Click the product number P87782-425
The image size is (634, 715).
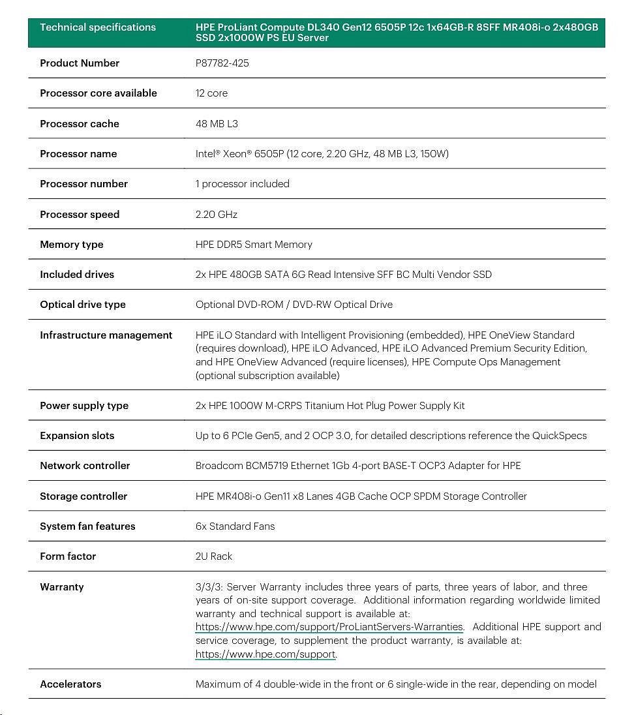pyautogui.click(x=222, y=63)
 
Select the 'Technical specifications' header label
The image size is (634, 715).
pyautogui.click(x=98, y=27)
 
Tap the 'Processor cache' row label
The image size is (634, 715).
pyautogui.click(x=80, y=124)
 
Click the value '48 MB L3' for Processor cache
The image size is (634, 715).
pyautogui.click(x=217, y=124)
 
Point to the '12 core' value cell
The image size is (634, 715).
pyautogui.click(x=211, y=93)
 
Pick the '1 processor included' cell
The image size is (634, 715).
pyautogui.click(x=242, y=184)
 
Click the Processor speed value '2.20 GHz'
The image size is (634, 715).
pyautogui.click(x=217, y=215)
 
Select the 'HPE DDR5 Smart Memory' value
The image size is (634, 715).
pyautogui.click(x=254, y=245)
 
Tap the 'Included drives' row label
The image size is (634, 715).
pyautogui.click(x=77, y=275)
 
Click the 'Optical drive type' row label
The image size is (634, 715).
pyautogui.click(x=83, y=305)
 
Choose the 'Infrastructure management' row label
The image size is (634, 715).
pyautogui.click(x=106, y=335)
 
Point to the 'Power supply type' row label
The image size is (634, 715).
pyautogui.click(x=84, y=406)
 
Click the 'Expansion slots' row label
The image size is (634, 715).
pyautogui.click(x=77, y=436)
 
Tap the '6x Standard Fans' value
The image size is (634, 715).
pyautogui.click(x=235, y=526)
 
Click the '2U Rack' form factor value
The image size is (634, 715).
pyautogui.click(x=214, y=556)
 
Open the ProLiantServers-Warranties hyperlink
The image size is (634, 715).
pyautogui.click(x=329, y=627)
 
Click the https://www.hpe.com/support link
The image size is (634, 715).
pyautogui.click(x=265, y=654)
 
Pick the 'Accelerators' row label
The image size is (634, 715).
pyautogui.click(x=70, y=684)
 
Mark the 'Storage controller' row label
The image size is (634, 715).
pyautogui.click(x=83, y=496)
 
